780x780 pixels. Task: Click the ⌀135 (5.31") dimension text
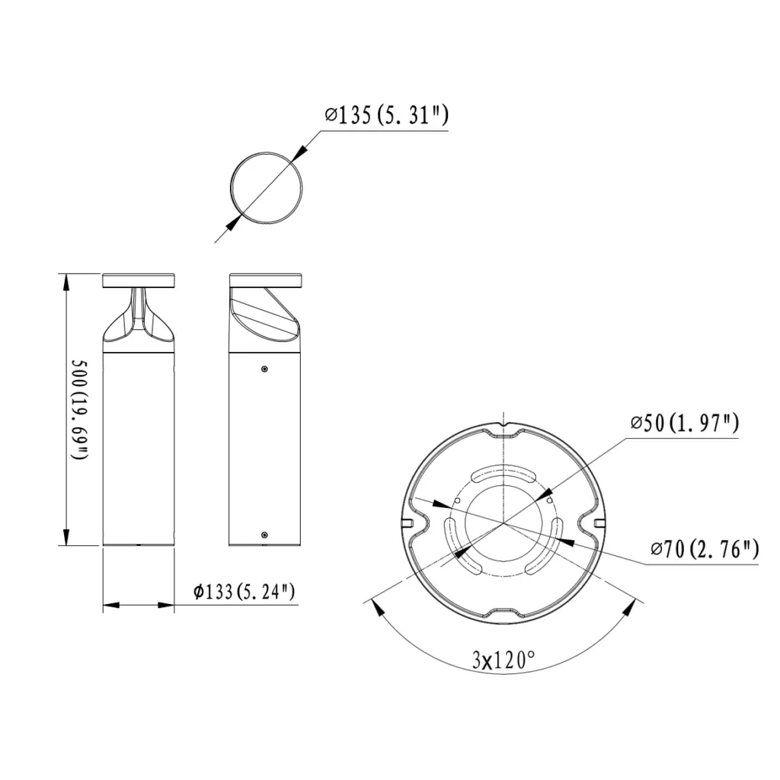coord(385,116)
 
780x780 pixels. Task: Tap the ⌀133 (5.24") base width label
coord(245,591)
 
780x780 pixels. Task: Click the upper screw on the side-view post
coord(264,369)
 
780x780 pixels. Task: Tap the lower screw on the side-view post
coord(264,535)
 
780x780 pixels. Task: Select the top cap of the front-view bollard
coord(139,279)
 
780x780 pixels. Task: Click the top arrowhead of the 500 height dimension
coord(67,282)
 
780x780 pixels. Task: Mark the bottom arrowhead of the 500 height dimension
coord(67,537)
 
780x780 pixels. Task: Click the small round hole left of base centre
coord(456,501)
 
